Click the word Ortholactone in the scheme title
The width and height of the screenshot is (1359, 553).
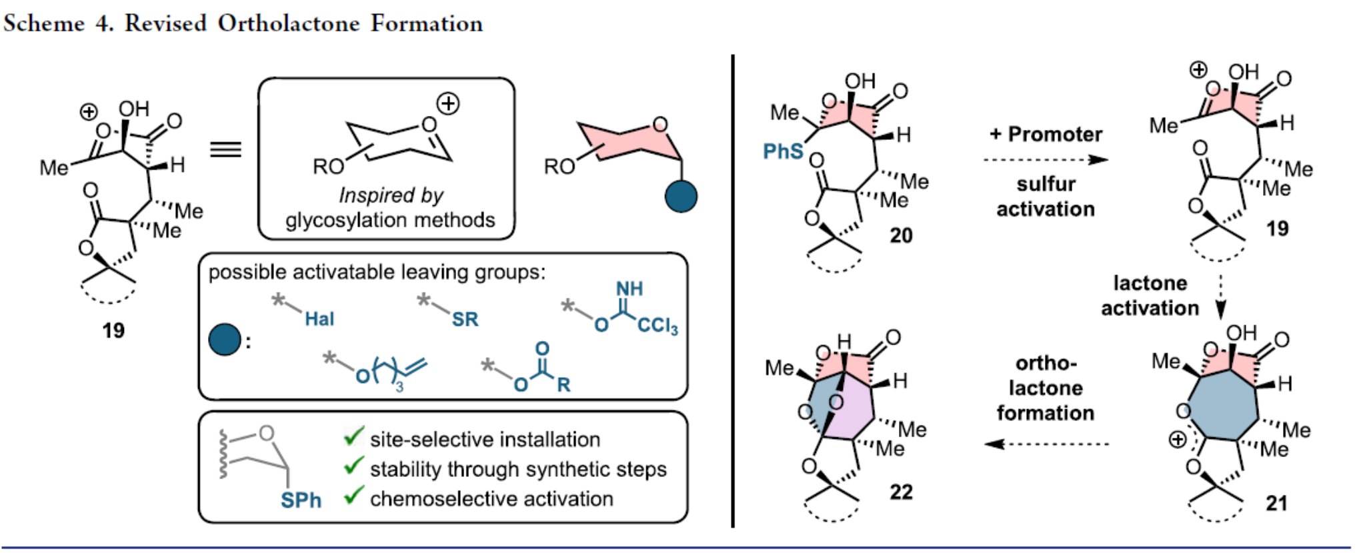point(289,23)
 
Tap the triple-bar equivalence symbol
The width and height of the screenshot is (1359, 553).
point(225,149)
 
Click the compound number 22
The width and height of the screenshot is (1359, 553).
point(901,492)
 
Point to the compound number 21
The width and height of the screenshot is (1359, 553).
point(1276,503)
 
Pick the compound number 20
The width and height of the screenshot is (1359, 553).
point(901,235)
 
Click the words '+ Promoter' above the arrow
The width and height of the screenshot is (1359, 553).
point(1046,134)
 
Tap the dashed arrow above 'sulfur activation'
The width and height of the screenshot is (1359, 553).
point(1045,160)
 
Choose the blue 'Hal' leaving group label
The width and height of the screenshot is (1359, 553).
point(319,319)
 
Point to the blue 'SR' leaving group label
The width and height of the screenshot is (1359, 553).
point(465,319)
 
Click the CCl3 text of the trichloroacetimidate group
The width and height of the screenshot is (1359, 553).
point(657,326)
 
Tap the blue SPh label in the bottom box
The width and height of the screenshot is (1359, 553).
point(301,500)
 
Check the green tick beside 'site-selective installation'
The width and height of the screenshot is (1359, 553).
point(353,437)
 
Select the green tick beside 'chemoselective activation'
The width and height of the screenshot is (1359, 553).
point(353,496)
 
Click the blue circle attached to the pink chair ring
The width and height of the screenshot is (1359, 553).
point(681,197)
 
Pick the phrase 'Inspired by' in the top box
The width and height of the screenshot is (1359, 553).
point(390,195)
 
